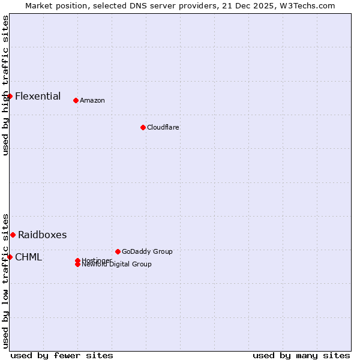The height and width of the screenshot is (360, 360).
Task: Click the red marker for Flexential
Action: click(10, 96)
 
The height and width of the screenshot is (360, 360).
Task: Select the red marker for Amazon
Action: click(76, 100)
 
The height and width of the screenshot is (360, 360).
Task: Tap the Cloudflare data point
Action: click(143, 127)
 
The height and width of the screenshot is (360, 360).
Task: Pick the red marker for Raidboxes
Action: click(13, 235)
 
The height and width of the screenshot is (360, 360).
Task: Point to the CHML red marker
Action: click(10, 257)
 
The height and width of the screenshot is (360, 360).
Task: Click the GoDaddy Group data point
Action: click(118, 251)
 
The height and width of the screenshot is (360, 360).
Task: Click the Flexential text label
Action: click(38, 96)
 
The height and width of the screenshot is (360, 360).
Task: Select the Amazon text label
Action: click(92, 100)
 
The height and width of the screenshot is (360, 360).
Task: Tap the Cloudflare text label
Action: click(163, 127)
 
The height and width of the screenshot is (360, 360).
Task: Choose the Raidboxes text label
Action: click(42, 235)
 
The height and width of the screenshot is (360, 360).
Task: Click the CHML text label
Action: click(28, 257)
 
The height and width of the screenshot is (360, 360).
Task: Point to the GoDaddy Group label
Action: click(147, 251)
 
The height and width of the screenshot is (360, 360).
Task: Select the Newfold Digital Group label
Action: click(116, 265)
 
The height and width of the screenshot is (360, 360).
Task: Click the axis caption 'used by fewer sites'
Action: click(62, 355)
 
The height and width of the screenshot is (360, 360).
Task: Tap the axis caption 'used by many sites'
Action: click(301, 355)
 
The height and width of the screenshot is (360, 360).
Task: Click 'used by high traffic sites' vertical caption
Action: click(5, 85)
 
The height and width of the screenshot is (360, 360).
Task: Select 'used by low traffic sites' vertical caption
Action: click(5, 280)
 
